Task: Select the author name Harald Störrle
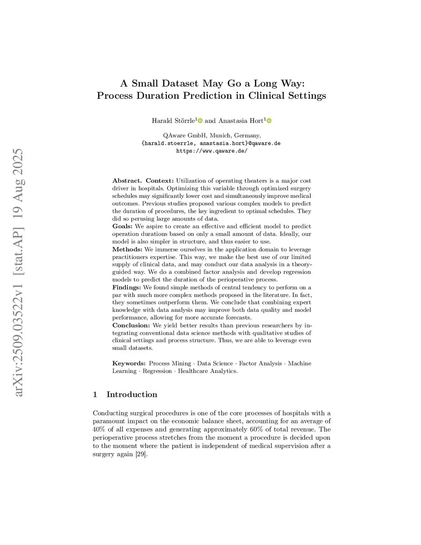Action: point(173,121)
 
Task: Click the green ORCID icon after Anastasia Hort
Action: point(269,121)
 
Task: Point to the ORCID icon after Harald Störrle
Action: point(200,121)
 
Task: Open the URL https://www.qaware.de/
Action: point(212,151)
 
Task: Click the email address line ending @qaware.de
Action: point(211,143)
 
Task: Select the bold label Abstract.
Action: point(127,181)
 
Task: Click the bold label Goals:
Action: point(123,226)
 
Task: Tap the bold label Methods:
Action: point(127,249)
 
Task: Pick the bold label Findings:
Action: point(127,287)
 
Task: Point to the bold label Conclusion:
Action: point(131,325)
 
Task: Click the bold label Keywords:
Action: point(129,363)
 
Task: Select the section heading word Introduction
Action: point(132,394)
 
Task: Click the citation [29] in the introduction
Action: point(141,454)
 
